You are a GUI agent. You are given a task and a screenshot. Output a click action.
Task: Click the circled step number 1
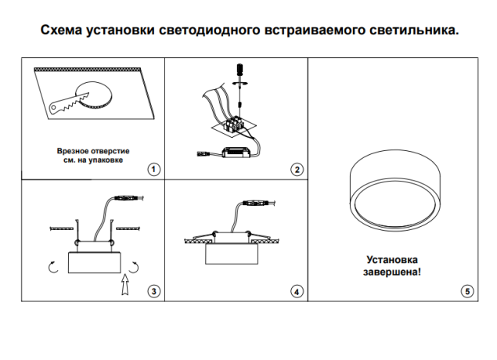[x=153, y=168]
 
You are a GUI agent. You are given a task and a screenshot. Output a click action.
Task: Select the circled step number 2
[x=297, y=168]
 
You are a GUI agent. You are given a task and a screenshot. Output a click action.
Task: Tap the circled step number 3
[x=153, y=291]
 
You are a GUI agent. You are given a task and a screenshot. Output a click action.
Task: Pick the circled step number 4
[x=297, y=291]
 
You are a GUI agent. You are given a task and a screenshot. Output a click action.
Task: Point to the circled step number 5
[x=468, y=291]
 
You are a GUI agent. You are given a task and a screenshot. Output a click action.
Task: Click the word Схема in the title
[x=62, y=31]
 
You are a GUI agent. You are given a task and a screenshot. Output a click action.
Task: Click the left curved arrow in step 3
[x=53, y=268]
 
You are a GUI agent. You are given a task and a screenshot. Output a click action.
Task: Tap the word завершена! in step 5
[x=393, y=272]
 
